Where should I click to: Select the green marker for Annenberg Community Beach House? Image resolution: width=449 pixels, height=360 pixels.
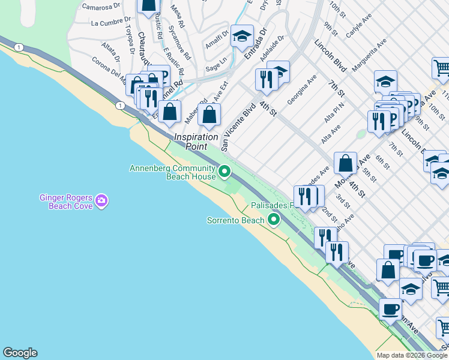[x=224, y=172]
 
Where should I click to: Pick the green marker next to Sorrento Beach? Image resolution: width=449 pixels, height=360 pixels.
[x=274, y=220]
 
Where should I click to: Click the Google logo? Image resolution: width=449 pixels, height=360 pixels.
[x=20, y=353]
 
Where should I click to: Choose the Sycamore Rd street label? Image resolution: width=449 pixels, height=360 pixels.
[x=179, y=43]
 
